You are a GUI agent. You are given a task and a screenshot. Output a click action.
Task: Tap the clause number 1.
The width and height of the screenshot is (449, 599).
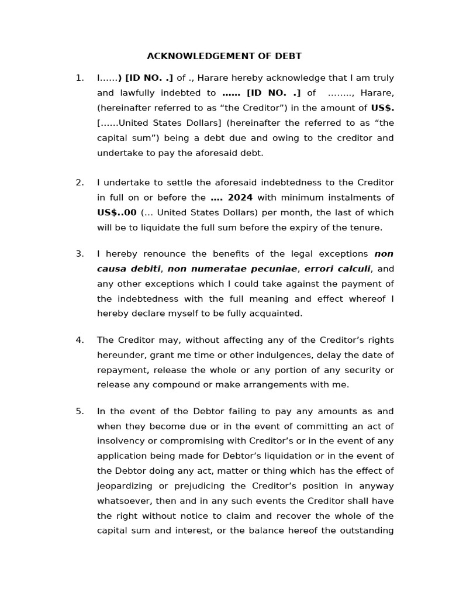(80, 78)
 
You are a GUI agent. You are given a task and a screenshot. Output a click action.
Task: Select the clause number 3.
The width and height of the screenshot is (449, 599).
(80, 254)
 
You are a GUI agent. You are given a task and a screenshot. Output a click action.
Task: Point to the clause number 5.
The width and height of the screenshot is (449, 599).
(80, 411)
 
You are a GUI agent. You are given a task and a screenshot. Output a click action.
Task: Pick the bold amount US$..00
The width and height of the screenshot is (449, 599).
(117, 212)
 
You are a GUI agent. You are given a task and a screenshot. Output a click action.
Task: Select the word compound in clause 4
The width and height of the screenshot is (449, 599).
(184, 384)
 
